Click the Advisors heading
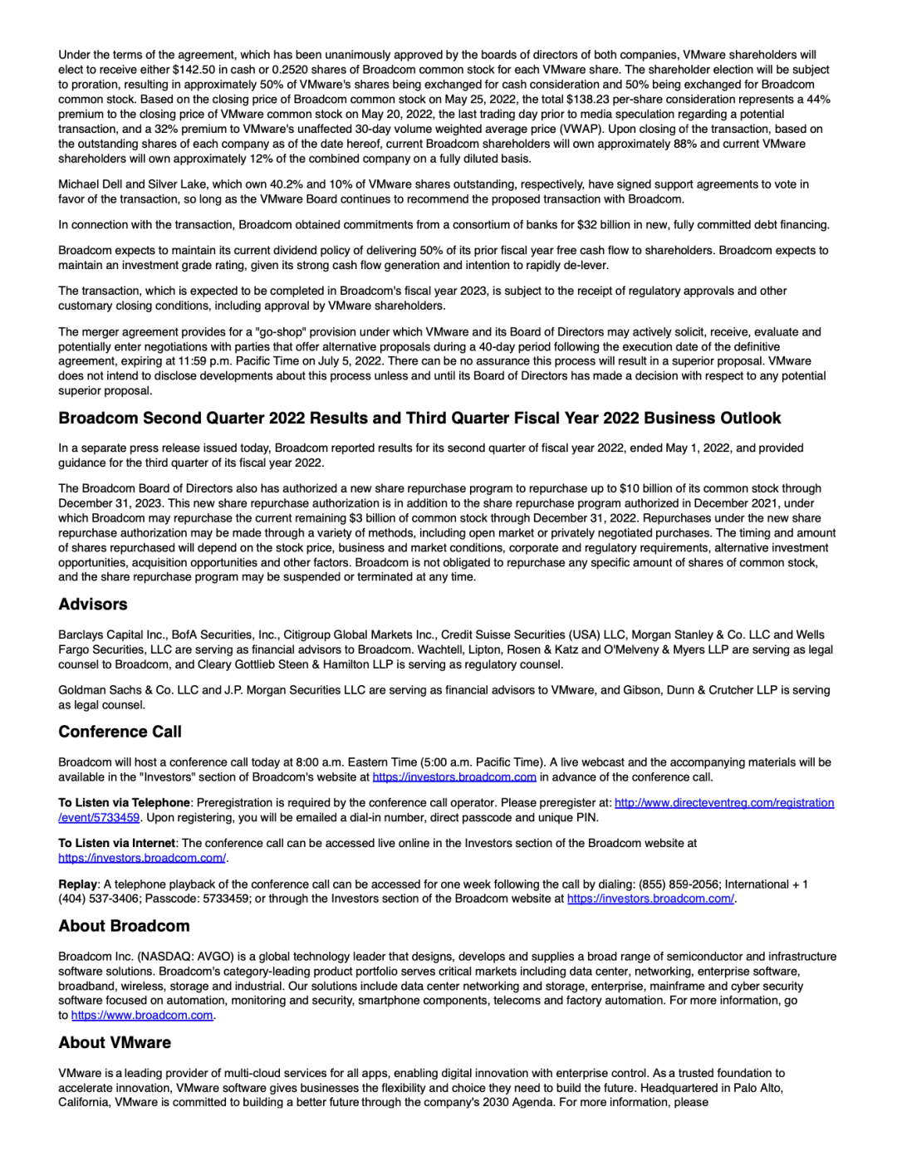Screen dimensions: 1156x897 pos(93,605)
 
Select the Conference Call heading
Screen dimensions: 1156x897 pos(120,732)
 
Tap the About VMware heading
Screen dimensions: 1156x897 pos(115,1042)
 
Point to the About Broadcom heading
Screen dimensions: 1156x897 pos(124,926)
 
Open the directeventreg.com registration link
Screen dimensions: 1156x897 pos(724,803)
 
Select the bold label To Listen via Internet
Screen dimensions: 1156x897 pos(116,843)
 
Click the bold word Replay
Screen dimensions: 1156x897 pos(77,884)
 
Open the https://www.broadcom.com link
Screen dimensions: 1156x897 pos(142,1015)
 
